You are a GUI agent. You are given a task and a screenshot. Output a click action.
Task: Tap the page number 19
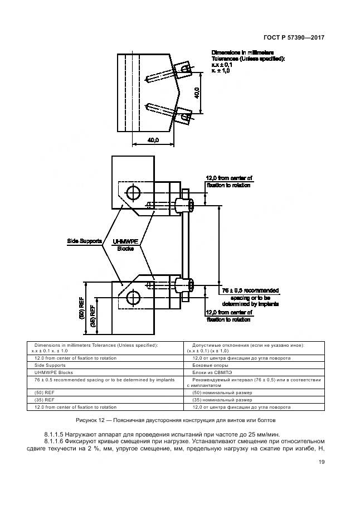pyautogui.click(x=322, y=461)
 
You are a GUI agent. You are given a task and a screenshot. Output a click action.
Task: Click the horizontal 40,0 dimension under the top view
pyautogui.click(x=154, y=140)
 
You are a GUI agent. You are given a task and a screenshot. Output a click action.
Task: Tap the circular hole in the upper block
pyautogui.click(x=133, y=193)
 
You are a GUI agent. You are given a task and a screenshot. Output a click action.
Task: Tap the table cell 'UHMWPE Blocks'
pyautogui.click(x=54, y=372)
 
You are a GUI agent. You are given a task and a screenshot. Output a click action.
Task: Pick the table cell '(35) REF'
pyautogui.click(x=44, y=400)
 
